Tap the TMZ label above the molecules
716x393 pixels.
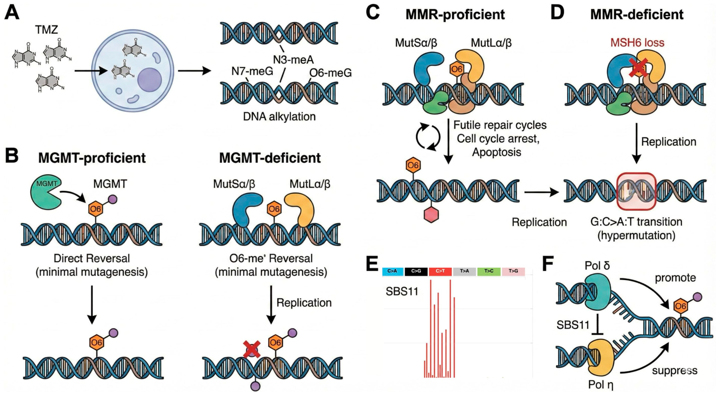click(46, 29)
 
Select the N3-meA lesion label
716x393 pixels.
click(293, 60)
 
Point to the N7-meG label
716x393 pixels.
click(252, 71)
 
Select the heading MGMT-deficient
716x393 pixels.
click(270, 158)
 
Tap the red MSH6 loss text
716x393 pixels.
click(637, 42)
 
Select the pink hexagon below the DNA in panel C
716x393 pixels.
click(431, 215)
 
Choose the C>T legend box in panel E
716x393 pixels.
click(440, 271)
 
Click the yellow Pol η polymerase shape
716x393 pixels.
click(601, 357)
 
